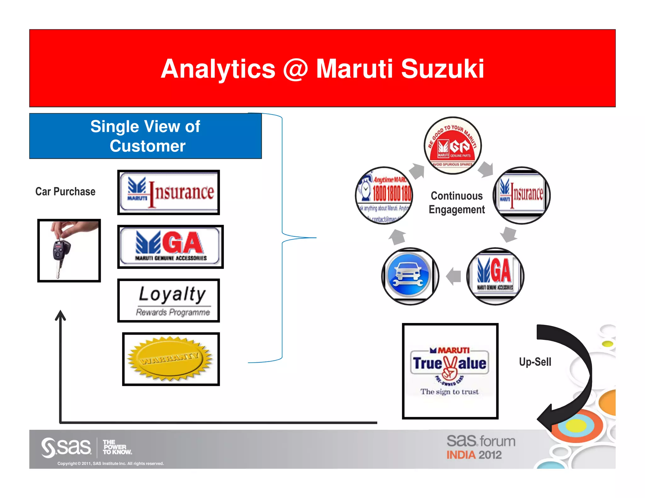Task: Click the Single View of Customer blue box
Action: [x=145, y=136]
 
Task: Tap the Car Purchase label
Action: [x=65, y=191]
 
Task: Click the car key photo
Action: [x=69, y=251]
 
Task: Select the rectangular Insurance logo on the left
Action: [x=168, y=192]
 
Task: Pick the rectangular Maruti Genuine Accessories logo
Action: [x=170, y=247]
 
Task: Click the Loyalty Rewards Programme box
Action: [x=168, y=300]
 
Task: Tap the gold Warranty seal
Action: [x=170, y=359]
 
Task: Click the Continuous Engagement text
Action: [x=456, y=203]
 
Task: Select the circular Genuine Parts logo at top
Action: [x=453, y=146]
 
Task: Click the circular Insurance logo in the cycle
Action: [x=522, y=195]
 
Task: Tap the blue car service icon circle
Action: [x=409, y=276]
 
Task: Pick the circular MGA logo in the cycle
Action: [x=495, y=276]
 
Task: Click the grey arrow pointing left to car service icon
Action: [x=454, y=276]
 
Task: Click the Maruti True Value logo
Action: [x=450, y=371]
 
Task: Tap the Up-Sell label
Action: [x=535, y=362]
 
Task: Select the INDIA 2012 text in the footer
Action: [x=474, y=455]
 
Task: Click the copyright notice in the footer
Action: [x=111, y=463]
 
